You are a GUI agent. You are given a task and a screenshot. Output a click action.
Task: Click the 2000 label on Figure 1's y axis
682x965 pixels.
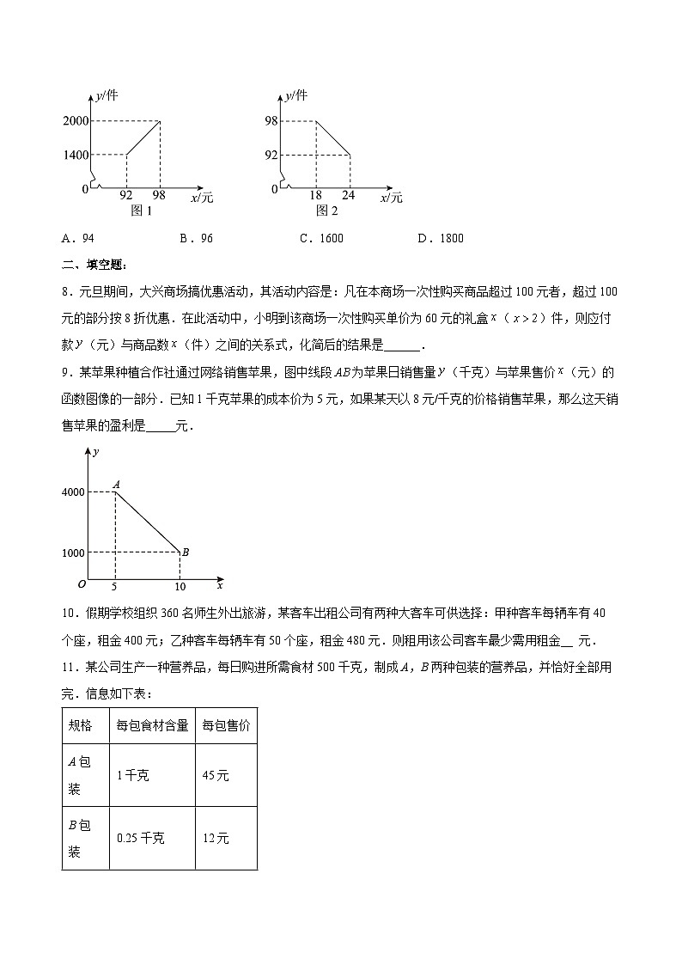(76, 121)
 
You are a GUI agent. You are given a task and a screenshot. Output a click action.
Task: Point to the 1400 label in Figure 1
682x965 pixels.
(76, 155)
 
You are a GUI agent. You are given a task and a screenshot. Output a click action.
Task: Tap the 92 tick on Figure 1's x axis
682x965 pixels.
(126, 196)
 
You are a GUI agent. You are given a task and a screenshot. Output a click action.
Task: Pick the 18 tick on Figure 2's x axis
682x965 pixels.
(315, 196)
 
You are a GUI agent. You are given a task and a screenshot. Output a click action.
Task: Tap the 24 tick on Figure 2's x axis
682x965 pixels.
(350, 196)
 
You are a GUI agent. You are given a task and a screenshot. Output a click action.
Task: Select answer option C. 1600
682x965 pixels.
(321, 238)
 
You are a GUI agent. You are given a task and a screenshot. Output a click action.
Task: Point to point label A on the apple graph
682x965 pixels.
(117, 485)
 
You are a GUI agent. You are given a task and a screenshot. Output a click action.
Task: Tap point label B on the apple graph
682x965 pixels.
(185, 553)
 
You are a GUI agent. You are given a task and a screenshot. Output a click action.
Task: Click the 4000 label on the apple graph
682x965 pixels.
(73, 492)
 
